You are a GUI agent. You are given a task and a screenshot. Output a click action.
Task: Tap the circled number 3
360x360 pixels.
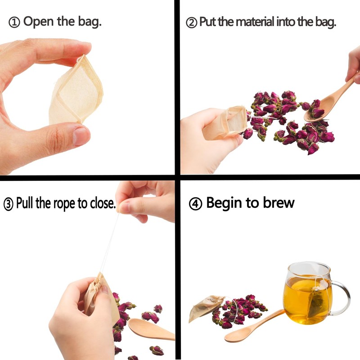tap(9, 204)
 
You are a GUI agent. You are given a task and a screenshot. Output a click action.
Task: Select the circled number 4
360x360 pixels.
tap(195, 204)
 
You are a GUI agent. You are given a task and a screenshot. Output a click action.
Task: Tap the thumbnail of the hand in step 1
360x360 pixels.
tap(81, 135)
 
